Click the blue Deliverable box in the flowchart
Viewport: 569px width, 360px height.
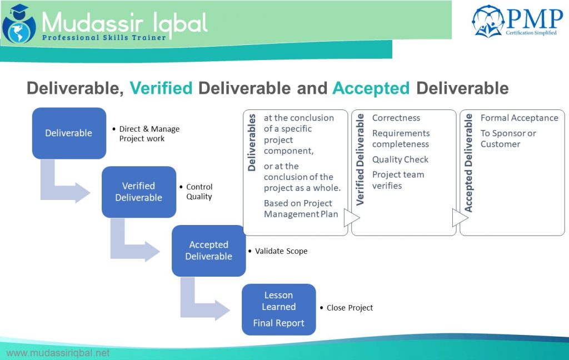[x=69, y=133]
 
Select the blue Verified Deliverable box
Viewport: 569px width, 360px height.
[x=138, y=192]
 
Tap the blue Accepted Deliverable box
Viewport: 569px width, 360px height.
[x=208, y=251]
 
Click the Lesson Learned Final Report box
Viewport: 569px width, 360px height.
[x=278, y=309]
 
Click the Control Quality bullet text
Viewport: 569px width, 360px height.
[x=199, y=192]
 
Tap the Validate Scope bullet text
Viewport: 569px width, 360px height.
[x=281, y=251]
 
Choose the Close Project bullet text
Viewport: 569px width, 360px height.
[x=350, y=308]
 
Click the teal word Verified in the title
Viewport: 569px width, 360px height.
[x=161, y=88]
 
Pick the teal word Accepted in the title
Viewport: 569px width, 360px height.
[x=371, y=88]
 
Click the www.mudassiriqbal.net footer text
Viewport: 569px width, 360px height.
[x=58, y=353]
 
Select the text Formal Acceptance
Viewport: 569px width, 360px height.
[x=519, y=118]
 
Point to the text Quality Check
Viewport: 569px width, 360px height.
[x=400, y=159]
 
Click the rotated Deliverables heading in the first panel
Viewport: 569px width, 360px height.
[x=252, y=143]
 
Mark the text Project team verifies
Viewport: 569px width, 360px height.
[x=398, y=180]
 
